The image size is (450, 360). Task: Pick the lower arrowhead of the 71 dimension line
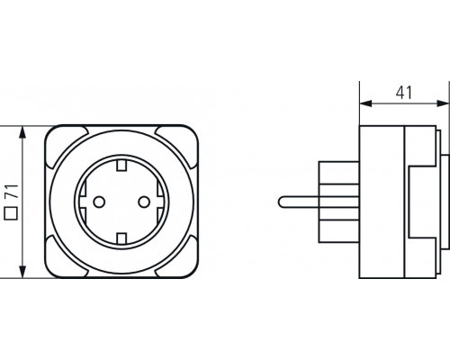pyautogui.click(x=23, y=271)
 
